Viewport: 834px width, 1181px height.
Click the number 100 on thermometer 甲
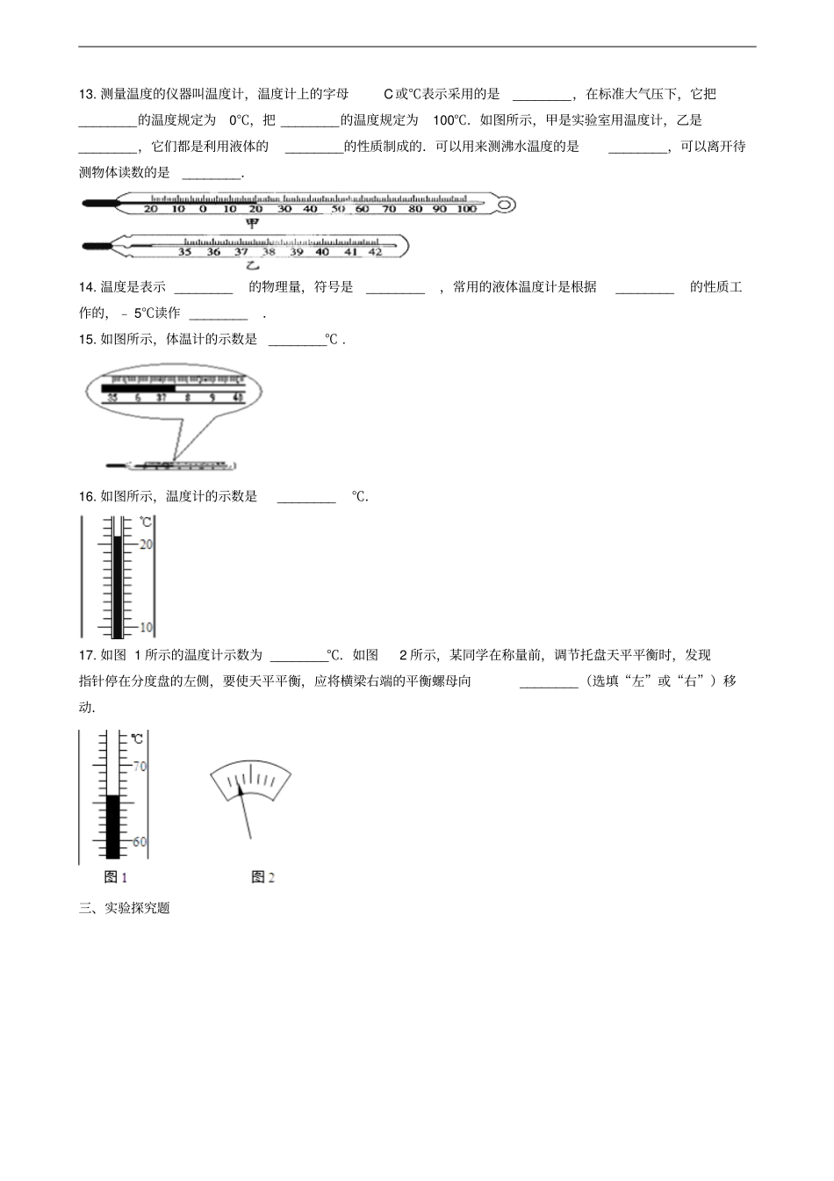tap(466, 209)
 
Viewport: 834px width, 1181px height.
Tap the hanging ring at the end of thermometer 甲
tap(505, 206)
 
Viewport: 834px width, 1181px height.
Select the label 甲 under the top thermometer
tap(252, 223)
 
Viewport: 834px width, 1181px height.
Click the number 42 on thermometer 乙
tap(375, 252)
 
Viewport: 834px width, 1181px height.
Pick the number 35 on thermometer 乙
tap(184, 252)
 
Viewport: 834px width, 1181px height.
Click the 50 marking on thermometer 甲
tap(337, 209)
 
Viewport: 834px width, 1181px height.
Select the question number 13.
tap(87, 95)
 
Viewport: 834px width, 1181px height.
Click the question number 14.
tap(87, 287)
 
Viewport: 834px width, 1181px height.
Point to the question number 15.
tap(87, 340)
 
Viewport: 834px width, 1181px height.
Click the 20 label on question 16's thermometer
tap(146, 544)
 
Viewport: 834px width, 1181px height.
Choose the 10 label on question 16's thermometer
tap(146, 628)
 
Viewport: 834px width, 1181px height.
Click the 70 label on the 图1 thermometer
tap(140, 767)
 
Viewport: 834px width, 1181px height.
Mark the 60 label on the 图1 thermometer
tap(140, 842)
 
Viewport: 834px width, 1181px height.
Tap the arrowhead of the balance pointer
tap(241, 789)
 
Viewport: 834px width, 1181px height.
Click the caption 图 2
tap(262, 877)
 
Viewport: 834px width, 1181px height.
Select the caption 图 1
tap(116, 877)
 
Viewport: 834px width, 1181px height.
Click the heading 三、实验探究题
tap(124, 909)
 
